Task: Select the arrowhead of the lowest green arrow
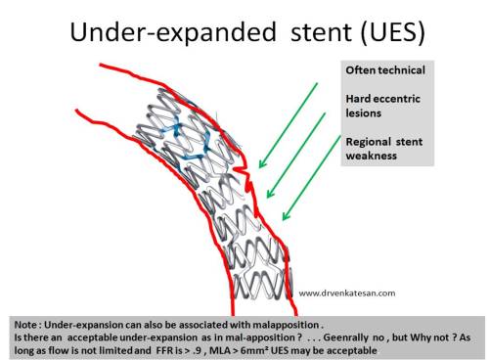point(284,217)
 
